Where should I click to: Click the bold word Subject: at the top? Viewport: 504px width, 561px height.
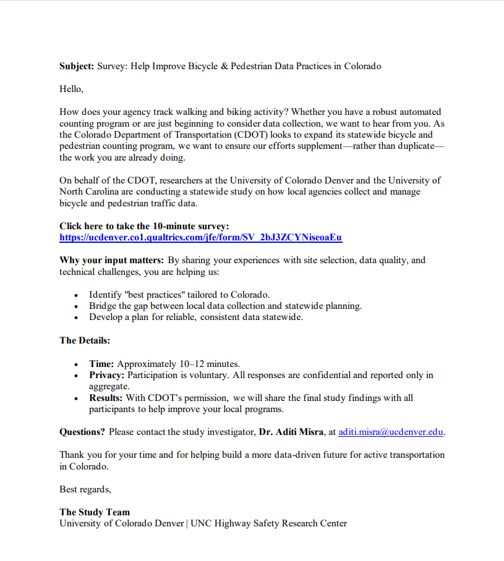point(77,66)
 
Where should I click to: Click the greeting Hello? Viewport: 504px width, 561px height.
point(71,89)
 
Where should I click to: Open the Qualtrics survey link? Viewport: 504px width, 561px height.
point(200,237)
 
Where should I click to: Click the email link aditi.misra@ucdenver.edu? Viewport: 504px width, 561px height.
point(391,432)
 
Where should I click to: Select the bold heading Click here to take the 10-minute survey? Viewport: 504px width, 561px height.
point(144,226)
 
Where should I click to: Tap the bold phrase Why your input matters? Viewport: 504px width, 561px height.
point(112,260)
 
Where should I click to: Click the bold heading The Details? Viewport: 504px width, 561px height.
point(85,340)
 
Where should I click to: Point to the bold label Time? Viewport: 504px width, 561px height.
point(101,364)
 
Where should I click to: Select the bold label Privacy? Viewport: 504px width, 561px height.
point(107,375)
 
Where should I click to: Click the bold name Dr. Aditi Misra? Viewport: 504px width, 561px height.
point(291,432)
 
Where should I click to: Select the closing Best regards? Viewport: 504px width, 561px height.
point(85,489)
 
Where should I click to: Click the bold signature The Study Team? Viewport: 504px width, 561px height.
point(95,512)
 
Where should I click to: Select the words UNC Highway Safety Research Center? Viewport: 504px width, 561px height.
point(268,523)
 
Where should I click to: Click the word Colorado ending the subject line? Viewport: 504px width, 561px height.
point(362,66)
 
